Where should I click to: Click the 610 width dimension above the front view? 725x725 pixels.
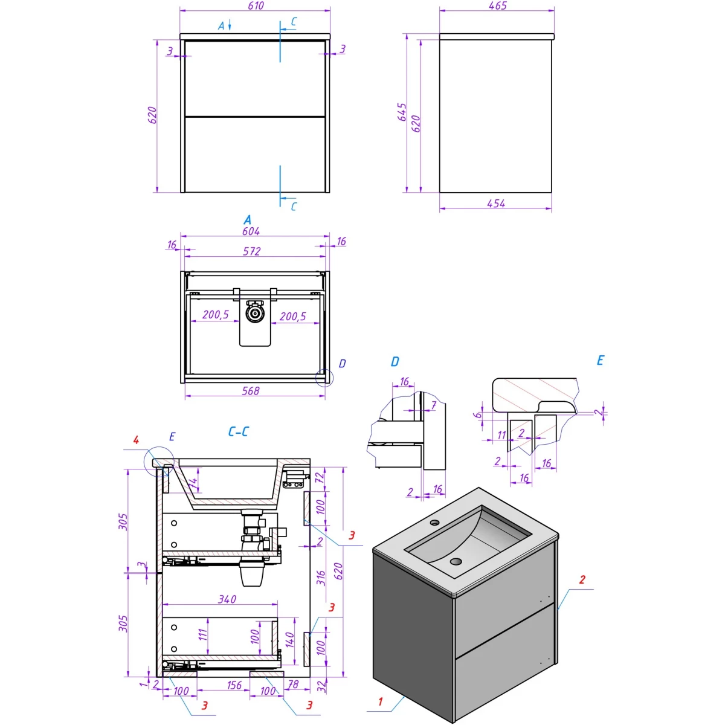tap(256, 5)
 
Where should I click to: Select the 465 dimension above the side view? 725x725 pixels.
tap(497, 5)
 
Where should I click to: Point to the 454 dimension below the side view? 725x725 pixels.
tap(496, 204)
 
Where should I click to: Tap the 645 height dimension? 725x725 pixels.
tap(402, 112)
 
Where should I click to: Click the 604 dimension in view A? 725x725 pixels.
tap(251, 231)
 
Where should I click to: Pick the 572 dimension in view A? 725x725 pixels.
tap(251, 251)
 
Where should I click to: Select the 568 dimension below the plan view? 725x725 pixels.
tap(251, 391)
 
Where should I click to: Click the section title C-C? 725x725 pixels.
tap(238, 431)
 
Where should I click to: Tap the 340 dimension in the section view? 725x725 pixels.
tap(227, 599)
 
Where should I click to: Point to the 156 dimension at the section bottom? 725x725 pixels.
tap(234, 685)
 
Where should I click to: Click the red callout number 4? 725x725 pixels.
tap(136, 440)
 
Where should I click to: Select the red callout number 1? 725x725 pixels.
tap(381, 701)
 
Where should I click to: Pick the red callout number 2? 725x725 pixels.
tap(582, 579)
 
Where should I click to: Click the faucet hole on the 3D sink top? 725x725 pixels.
tap(435, 523)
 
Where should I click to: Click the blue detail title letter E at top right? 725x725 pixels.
tap(600, 361)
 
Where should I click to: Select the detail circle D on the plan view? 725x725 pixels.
tap(324, 378)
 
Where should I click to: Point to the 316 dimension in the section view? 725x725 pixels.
tap(320, 578)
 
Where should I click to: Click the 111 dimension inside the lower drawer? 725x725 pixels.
tap(203, 634)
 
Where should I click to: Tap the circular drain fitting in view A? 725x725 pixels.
tap(256, 314)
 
